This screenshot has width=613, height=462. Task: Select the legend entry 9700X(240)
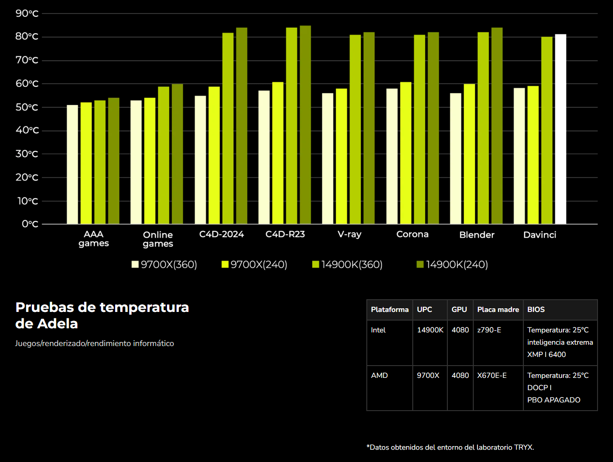coord(254,265)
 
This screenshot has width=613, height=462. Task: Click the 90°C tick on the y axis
coord(27,13)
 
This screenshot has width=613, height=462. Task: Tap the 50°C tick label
coord(27,107)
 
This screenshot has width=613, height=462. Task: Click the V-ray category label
coord(350,234)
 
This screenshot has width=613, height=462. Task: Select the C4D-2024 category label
coord(222,234)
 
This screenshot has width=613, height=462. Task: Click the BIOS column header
coord(536,310)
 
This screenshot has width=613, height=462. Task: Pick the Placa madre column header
coord(498,310)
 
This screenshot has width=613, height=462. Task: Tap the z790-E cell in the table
coord(489,330)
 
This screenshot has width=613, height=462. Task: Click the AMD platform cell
coord(380,376)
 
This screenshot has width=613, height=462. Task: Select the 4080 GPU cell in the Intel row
coord(460,330)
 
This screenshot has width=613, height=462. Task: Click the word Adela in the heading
coord(57,324)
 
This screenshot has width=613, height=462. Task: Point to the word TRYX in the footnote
coord(523,447)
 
